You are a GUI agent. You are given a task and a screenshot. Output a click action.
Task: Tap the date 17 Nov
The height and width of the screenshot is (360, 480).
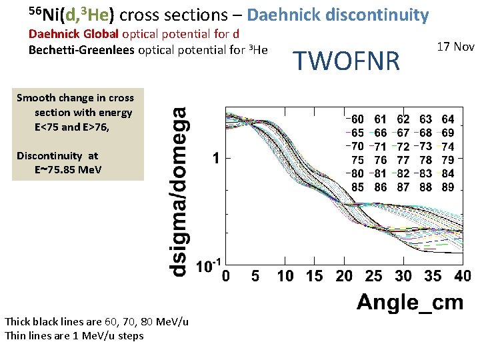tap(455, 47)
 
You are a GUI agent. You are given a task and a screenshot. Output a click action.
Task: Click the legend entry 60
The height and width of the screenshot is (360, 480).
tap(357, 119)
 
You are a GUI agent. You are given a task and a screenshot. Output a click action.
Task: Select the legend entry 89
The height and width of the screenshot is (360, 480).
tap(448, 187)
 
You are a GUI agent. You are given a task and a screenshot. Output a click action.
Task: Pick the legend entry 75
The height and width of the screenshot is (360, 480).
tap(357, 160)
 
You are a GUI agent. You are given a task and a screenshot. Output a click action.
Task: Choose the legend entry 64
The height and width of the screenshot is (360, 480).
tap(448, 119)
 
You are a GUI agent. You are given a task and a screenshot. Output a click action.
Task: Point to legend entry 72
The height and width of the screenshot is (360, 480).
tap(403, 147)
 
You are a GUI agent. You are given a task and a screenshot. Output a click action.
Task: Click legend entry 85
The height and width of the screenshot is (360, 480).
tap(357, 187)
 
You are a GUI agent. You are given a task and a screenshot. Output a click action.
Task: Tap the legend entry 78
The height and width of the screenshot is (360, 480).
tap(425, 160)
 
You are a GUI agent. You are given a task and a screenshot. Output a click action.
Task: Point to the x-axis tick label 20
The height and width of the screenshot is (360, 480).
tap(344, 276)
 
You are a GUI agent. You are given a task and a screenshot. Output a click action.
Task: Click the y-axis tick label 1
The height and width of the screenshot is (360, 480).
tap(215, 159)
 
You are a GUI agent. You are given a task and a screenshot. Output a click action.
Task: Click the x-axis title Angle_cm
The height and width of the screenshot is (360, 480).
tap(410, 302)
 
